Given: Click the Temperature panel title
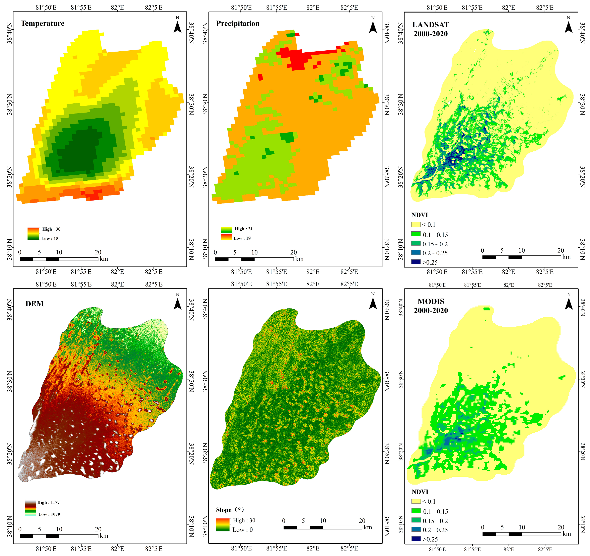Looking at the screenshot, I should pos(42,23).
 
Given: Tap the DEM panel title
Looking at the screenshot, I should pos(34,304).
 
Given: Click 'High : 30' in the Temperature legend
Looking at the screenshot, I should pos(51,229).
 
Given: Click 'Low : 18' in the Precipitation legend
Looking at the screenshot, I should pos(242,238).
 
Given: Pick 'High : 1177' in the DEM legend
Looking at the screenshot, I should pos(48,502).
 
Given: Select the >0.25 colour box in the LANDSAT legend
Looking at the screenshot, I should pos(416,262).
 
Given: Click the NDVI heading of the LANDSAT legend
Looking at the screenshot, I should pos(419,215).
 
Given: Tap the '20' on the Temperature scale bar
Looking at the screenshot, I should pos(98,252).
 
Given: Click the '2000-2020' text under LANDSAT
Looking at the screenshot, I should pos(431,34).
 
